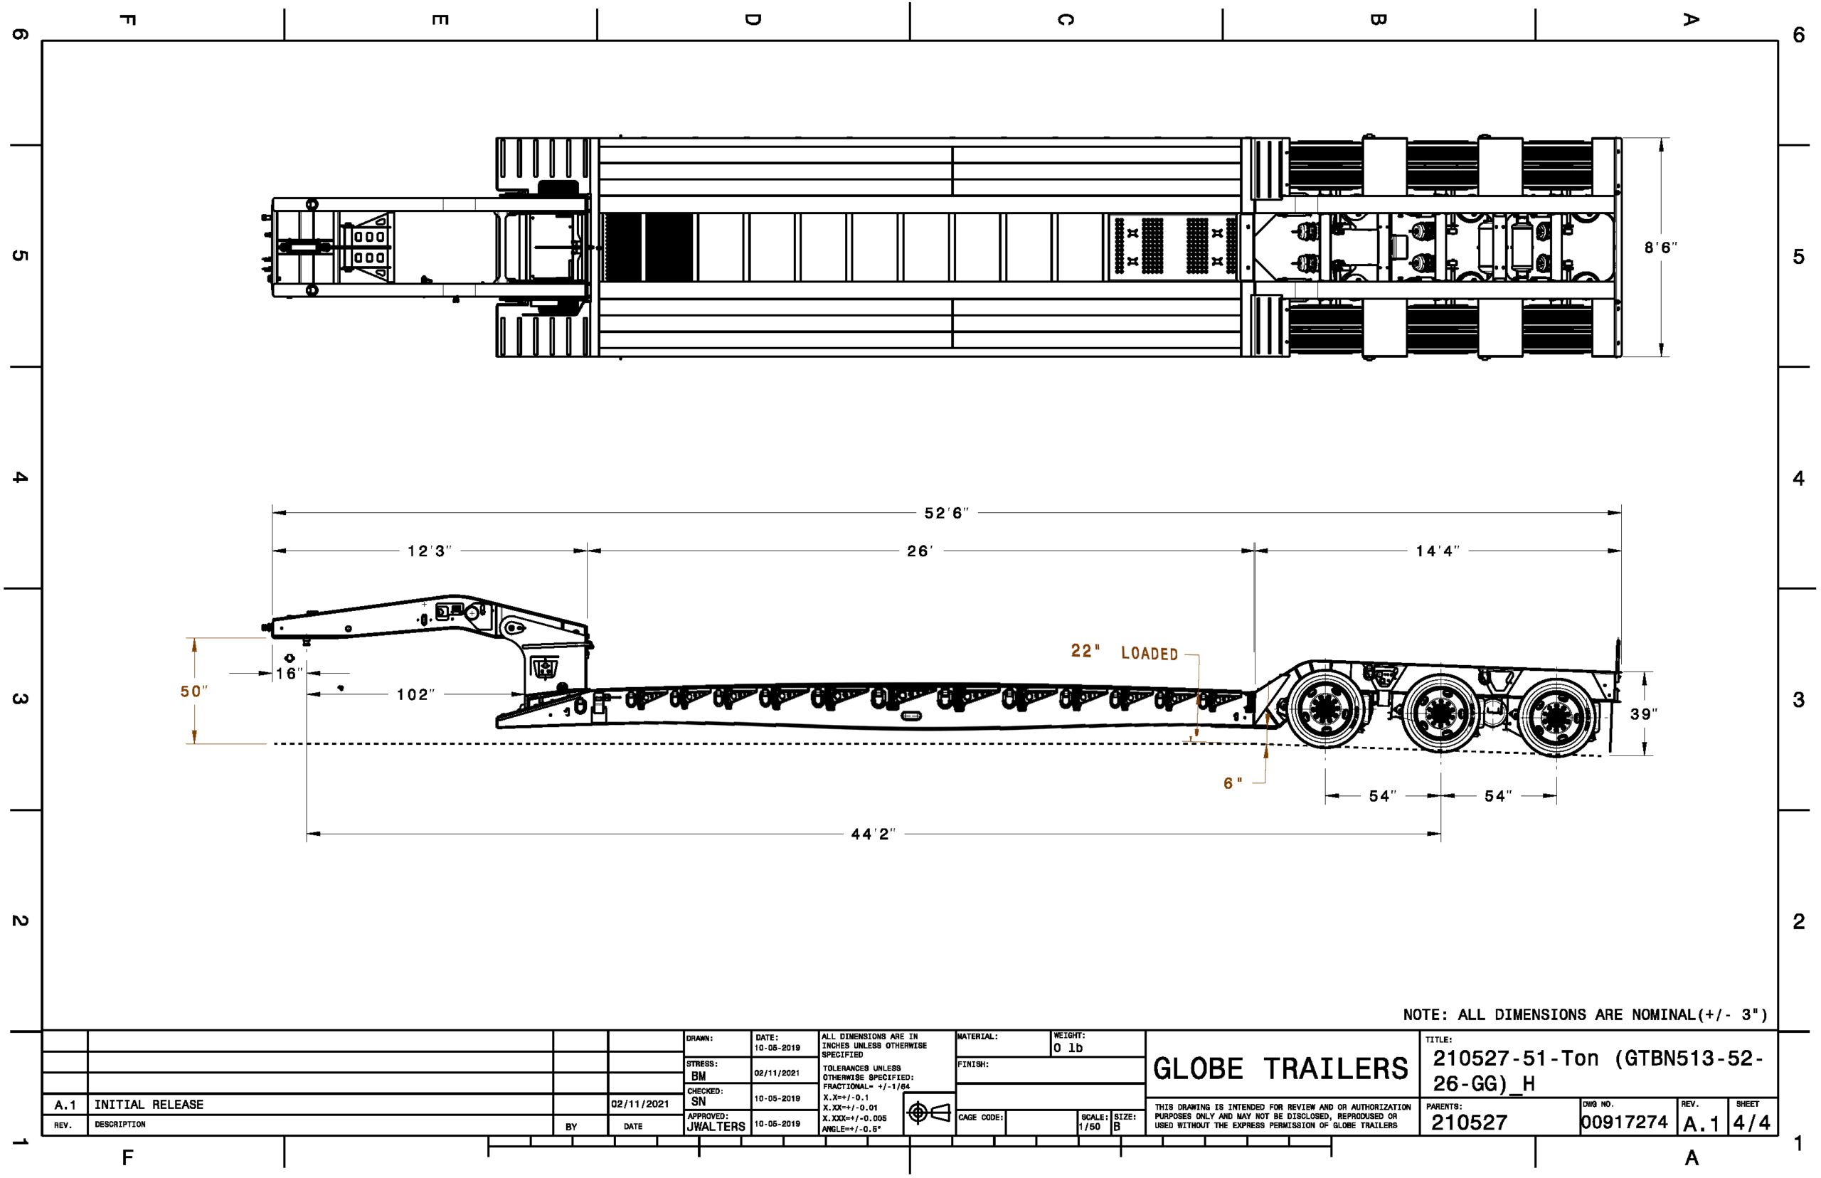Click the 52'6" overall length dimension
tap(946, 514)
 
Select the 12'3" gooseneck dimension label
tap(429, 551)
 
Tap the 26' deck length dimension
tap(920, 551)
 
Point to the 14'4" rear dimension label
tap(1437, 551)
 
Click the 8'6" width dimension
tap(1660, 248)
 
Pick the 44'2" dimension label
tap(873, 834)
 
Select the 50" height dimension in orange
tap(193, 691)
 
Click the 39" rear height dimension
tap(1644, 713)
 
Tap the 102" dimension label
tap(415, 694)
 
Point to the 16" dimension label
tap(289, 673)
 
